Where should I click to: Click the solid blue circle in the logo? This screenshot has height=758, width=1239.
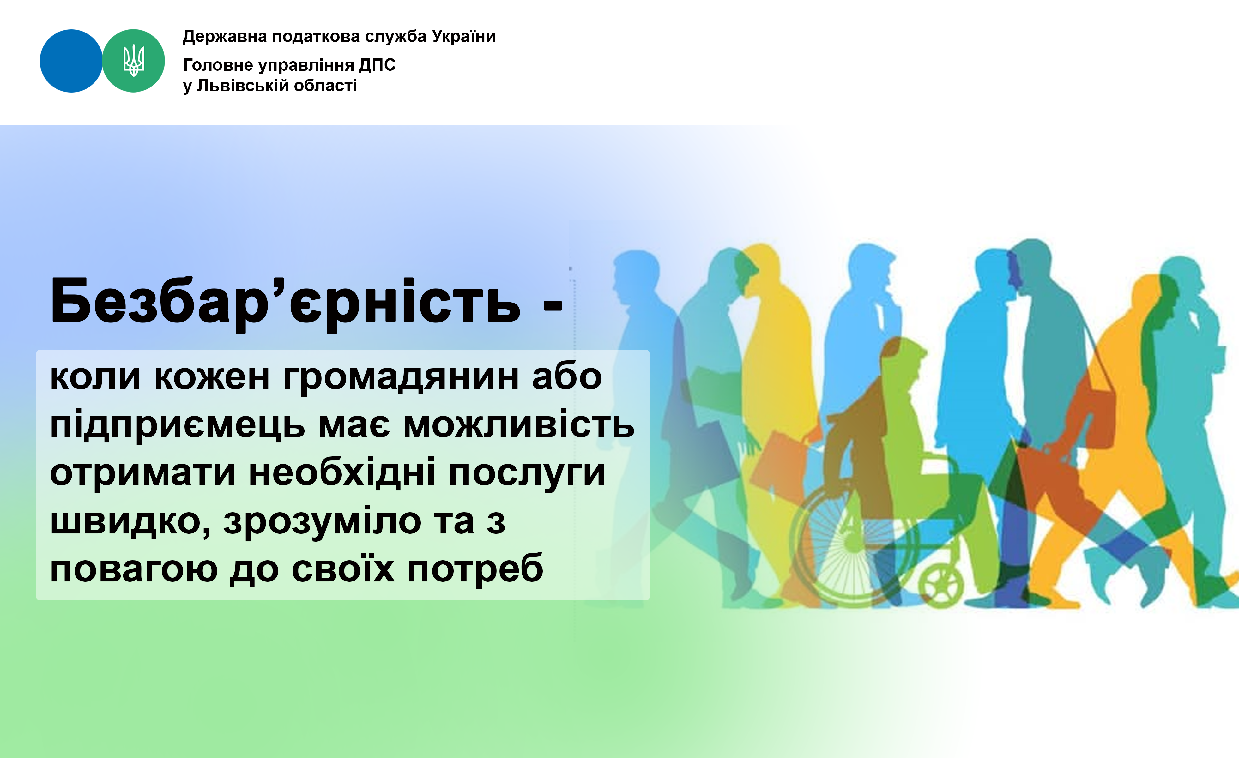point(71,61)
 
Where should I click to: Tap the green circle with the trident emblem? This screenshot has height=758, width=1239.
point(133,61)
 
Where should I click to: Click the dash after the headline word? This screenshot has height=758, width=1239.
point(553,304)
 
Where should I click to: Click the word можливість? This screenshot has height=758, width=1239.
point(519,425)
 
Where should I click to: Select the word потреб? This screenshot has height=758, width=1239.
point(475,569)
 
